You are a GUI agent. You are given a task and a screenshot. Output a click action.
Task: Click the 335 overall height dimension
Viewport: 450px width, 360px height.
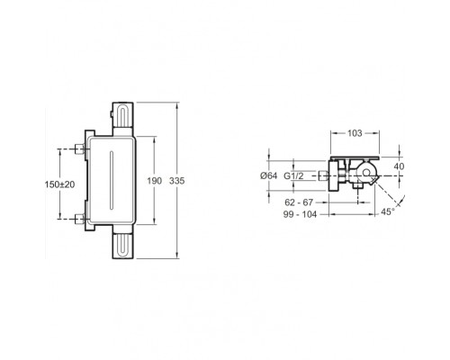(177, 181)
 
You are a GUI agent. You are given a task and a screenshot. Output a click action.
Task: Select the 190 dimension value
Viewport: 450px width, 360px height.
(155, 181)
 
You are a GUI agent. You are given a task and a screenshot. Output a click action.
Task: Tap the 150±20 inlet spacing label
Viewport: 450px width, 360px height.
(59, 184)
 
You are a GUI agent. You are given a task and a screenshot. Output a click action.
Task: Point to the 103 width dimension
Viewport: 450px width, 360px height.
(355, 133)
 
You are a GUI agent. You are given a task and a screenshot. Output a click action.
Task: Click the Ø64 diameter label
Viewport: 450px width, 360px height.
(269, 175)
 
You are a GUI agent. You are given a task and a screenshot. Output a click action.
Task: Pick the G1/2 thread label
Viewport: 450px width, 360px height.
(293, 175)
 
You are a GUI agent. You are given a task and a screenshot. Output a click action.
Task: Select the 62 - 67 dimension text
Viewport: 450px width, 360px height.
(299, 202)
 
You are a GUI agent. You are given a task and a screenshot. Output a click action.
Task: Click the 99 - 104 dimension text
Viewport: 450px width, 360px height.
(300, 214)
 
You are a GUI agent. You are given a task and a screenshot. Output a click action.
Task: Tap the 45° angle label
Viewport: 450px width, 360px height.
(388, 211)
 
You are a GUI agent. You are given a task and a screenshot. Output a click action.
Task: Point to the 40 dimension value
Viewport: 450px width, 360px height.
(399, 166)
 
